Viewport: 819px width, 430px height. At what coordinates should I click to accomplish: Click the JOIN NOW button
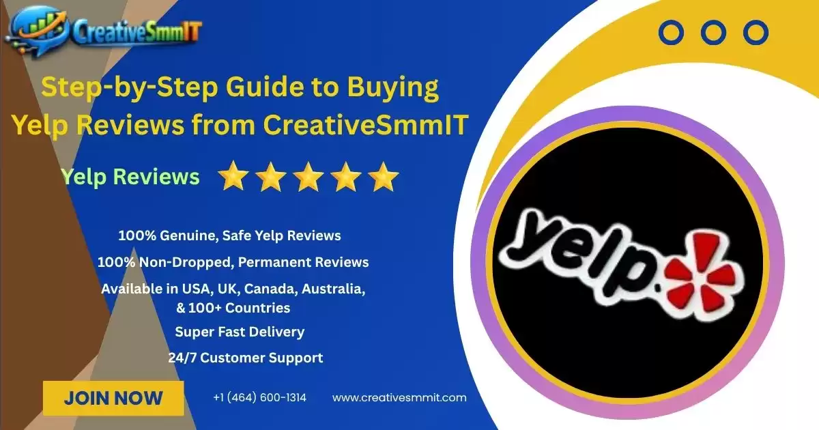tap(113, 398)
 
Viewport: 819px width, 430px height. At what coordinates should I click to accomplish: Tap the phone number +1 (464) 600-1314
tap(259, 398)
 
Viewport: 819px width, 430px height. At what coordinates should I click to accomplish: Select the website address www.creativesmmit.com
tap(399, 398)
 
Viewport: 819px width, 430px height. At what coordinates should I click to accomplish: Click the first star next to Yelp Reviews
tap(233, 177)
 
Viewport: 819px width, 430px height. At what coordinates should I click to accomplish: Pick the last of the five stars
tap(383, 177)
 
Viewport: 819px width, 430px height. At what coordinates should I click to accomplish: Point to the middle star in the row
tap(308, 177)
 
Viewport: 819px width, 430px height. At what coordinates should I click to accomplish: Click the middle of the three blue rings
tap(714, 32)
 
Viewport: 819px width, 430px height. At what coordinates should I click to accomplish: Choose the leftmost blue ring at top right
tap(672, 32)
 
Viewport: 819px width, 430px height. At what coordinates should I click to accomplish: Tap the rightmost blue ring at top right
tap(756, 32)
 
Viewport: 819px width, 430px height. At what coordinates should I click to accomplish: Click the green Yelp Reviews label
tap(130, 177)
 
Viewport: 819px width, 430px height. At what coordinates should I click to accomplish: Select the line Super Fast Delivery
tap(240, 332)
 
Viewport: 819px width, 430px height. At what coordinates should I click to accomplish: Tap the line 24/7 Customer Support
tap(246, 357)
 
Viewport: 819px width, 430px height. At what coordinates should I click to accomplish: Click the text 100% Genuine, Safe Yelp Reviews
tap(229, 236)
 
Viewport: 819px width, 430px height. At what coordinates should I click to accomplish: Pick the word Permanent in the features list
tap(280, 262)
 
